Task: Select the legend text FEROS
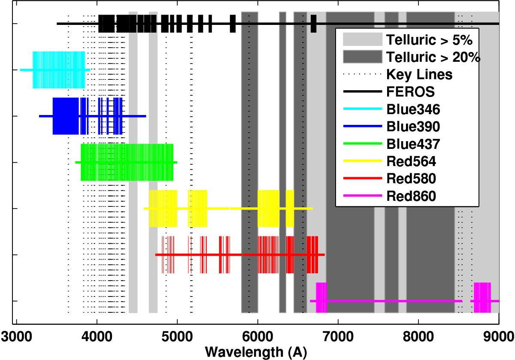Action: [406, 92]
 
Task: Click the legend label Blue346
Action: [413, 109]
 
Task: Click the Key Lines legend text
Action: [419, 75]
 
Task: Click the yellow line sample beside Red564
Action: [362, 161]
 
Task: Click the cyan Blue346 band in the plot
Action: [58, 70]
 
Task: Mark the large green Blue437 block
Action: [127, 162]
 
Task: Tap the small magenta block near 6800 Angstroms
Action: [321, 297]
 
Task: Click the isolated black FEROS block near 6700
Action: [313, 23]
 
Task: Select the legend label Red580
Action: [411, 178]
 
